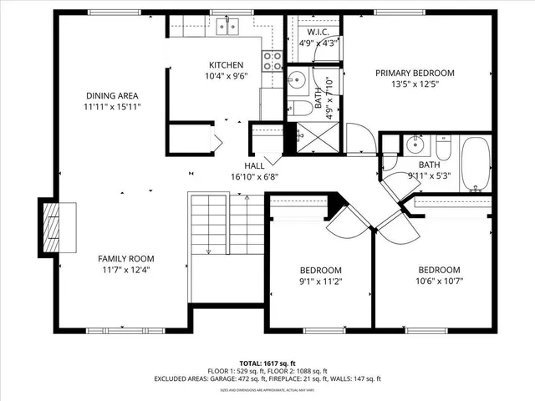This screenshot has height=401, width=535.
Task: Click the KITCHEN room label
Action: (226, 65)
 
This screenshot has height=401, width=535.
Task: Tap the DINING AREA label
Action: (111, 95)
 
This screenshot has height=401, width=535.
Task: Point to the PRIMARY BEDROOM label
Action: (415, 73)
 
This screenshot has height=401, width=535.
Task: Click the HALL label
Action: (254, 165)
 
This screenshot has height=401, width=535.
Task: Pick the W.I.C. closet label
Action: (318, 32)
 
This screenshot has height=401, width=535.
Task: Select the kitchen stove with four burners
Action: (272, 59)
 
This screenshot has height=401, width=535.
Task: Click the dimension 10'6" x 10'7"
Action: (439, 281)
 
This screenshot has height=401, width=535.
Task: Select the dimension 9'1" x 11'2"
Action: (321, 281)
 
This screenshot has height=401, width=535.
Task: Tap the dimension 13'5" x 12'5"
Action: (415, 84)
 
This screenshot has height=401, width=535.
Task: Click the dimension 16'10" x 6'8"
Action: (254, 176)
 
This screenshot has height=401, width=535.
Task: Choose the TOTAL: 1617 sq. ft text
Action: (267, 363)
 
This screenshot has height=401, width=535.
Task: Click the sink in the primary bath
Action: (296, 80)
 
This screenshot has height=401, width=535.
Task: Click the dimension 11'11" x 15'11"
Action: (111, 107)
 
